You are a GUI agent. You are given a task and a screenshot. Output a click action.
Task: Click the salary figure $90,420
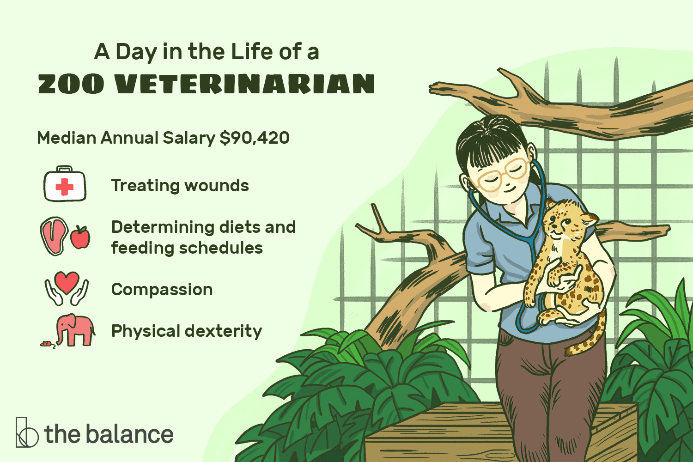[x=254, y=138]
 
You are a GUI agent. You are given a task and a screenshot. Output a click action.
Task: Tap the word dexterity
[x=224, y=331]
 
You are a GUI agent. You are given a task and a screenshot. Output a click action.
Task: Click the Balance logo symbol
[x=27, y=432]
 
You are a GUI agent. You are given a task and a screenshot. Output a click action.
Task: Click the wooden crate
[x=501, y=433]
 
